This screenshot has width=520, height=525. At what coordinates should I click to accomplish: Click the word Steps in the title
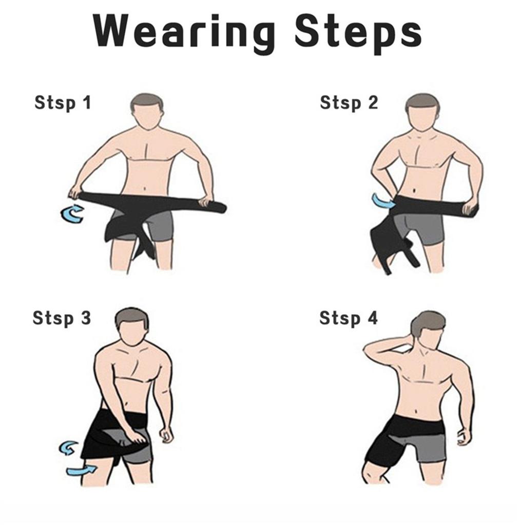[358, 32]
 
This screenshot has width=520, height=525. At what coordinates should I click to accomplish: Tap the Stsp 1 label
[62, 103]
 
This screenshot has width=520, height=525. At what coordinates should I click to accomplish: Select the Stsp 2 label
[348, 103]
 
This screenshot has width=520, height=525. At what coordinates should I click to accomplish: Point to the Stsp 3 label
[62, 318]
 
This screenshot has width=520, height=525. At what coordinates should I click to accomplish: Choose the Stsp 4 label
[348, 318]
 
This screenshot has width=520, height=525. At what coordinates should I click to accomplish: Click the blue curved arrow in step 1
[72, 213]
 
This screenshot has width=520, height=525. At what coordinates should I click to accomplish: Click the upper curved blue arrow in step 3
[69, 448]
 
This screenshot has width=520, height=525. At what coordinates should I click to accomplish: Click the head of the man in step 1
[147, 112]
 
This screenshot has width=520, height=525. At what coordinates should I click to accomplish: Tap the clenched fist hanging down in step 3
[166, 435]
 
